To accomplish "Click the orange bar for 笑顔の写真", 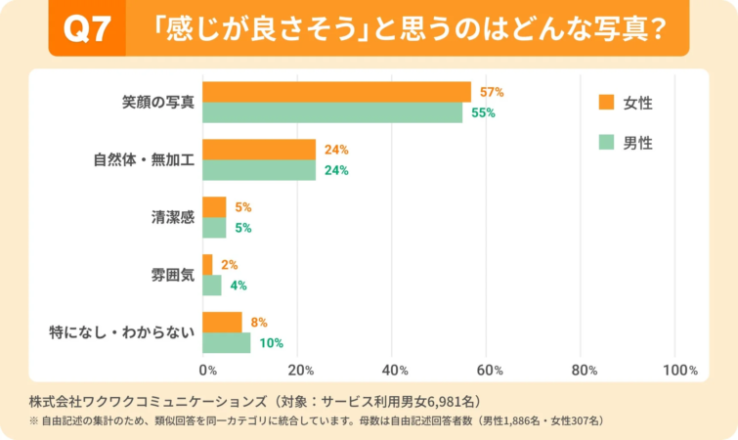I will tap(336, 92).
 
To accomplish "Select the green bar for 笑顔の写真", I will tap(332, 112).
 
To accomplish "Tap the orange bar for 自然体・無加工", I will tap(259, 150).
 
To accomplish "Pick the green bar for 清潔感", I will tap(214, 228).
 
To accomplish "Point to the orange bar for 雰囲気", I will tap(207, 264).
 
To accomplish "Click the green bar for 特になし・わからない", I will tap(226, 342).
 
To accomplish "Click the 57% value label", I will tap(491, 92).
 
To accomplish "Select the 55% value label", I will tap(483, 112).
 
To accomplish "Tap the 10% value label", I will tap(271, 342).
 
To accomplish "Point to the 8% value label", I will tap(258, 322).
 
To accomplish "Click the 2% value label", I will tap(229, 264).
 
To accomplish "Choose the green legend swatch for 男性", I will tap(605, 143).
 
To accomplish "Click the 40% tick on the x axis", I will tap(394, 371).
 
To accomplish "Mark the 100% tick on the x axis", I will tap(679, 371).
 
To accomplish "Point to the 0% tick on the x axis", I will tap(207, 371).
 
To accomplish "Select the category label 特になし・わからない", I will tap(122, 332).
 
